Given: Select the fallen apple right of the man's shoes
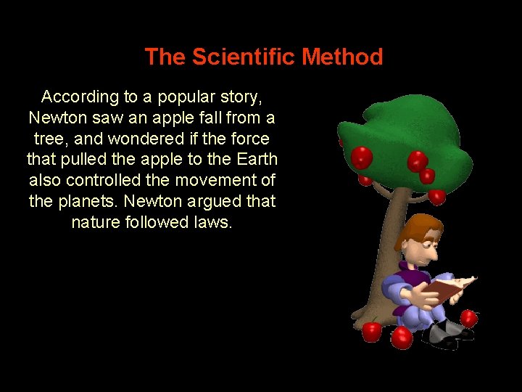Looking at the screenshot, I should click(469, 318).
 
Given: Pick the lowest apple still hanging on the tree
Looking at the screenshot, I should click(436, 195).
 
